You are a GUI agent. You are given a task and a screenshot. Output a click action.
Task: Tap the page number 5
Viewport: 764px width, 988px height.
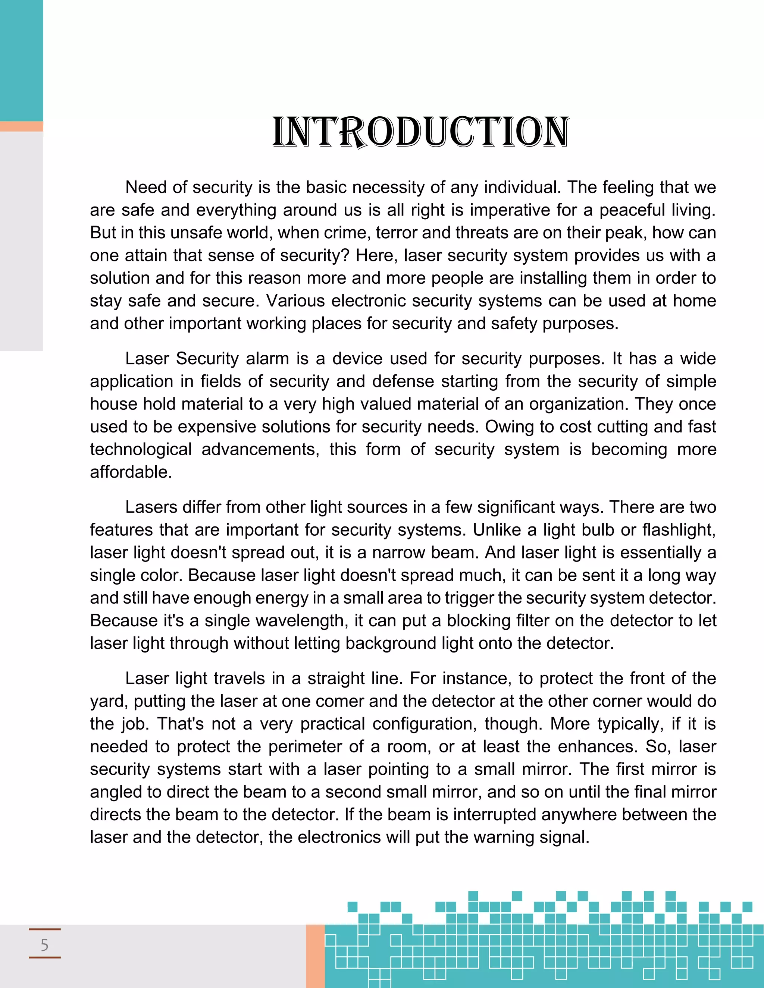(x=44, y=945)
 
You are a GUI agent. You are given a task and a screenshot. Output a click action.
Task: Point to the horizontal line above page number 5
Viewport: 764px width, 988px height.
(x=44, y=929)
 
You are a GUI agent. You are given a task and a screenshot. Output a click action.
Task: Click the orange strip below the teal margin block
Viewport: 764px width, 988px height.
(x=21, y=126)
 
